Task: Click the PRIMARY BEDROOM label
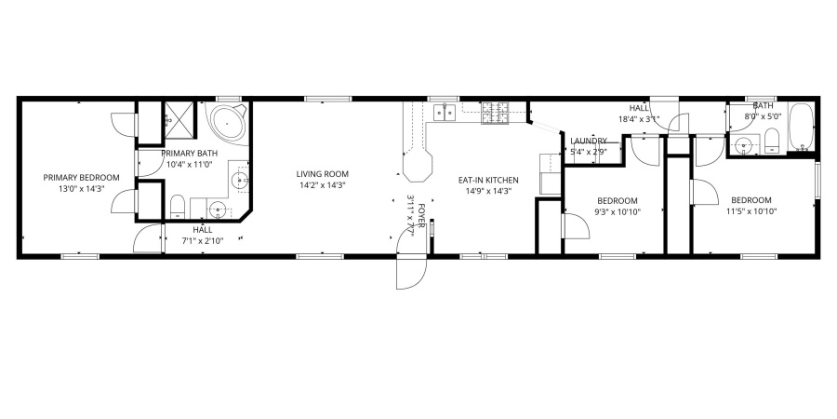pos(81,178)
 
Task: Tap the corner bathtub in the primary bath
pos(227,123)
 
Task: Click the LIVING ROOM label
pos(323,173)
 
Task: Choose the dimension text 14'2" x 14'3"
pos(323,185)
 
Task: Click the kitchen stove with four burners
pos(495,114)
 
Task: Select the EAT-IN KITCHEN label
pos(488,180)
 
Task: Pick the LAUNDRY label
pos(588,141)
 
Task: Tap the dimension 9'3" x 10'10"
pos(618,211)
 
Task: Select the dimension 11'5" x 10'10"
pos(751,211)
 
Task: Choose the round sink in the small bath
pos(741,144)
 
